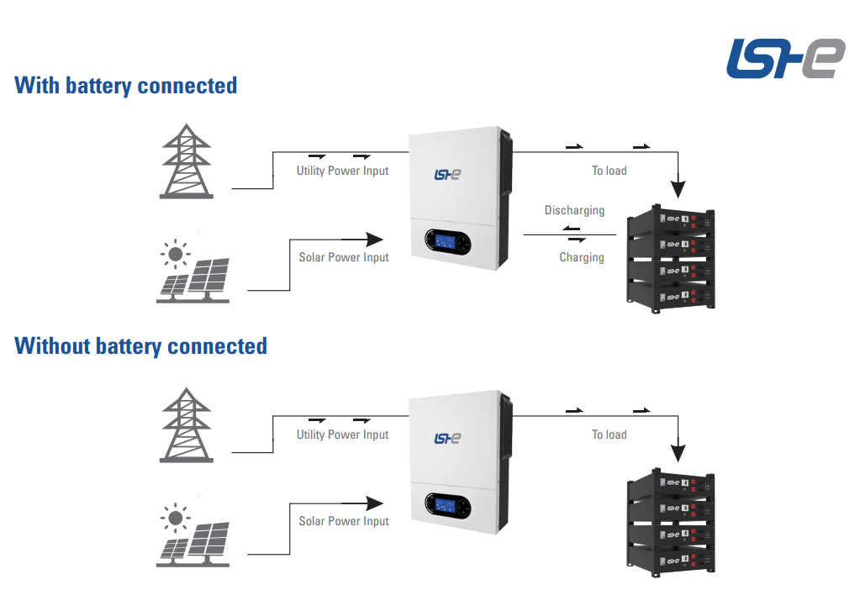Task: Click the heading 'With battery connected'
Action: pyautogui.click(x=126, y=86)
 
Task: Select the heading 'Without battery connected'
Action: pyautogui.click(x=141, y=346)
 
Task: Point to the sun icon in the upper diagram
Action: pyautogui.click(x=175, y=252)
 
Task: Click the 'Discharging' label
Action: pyautogui.click(x=574, y=210)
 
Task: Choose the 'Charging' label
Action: pyautogui.click(x=582, y=257)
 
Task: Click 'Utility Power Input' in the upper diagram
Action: pyautogui.click(x=342, y=171)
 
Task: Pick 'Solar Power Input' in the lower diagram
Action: pyautogui.click(x=344, y=521)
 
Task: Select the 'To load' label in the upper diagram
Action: pyautogui.click(x=609, y=171)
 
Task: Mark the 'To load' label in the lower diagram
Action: pyautogui.click(x=609, y=435)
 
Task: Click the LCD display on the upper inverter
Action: pyautogui.click(x=446, y=243)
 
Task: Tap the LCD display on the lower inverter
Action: pyautogui.click(x=446, y=506)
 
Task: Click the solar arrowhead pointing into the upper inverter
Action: pyautogui.click(x=377, y=240)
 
